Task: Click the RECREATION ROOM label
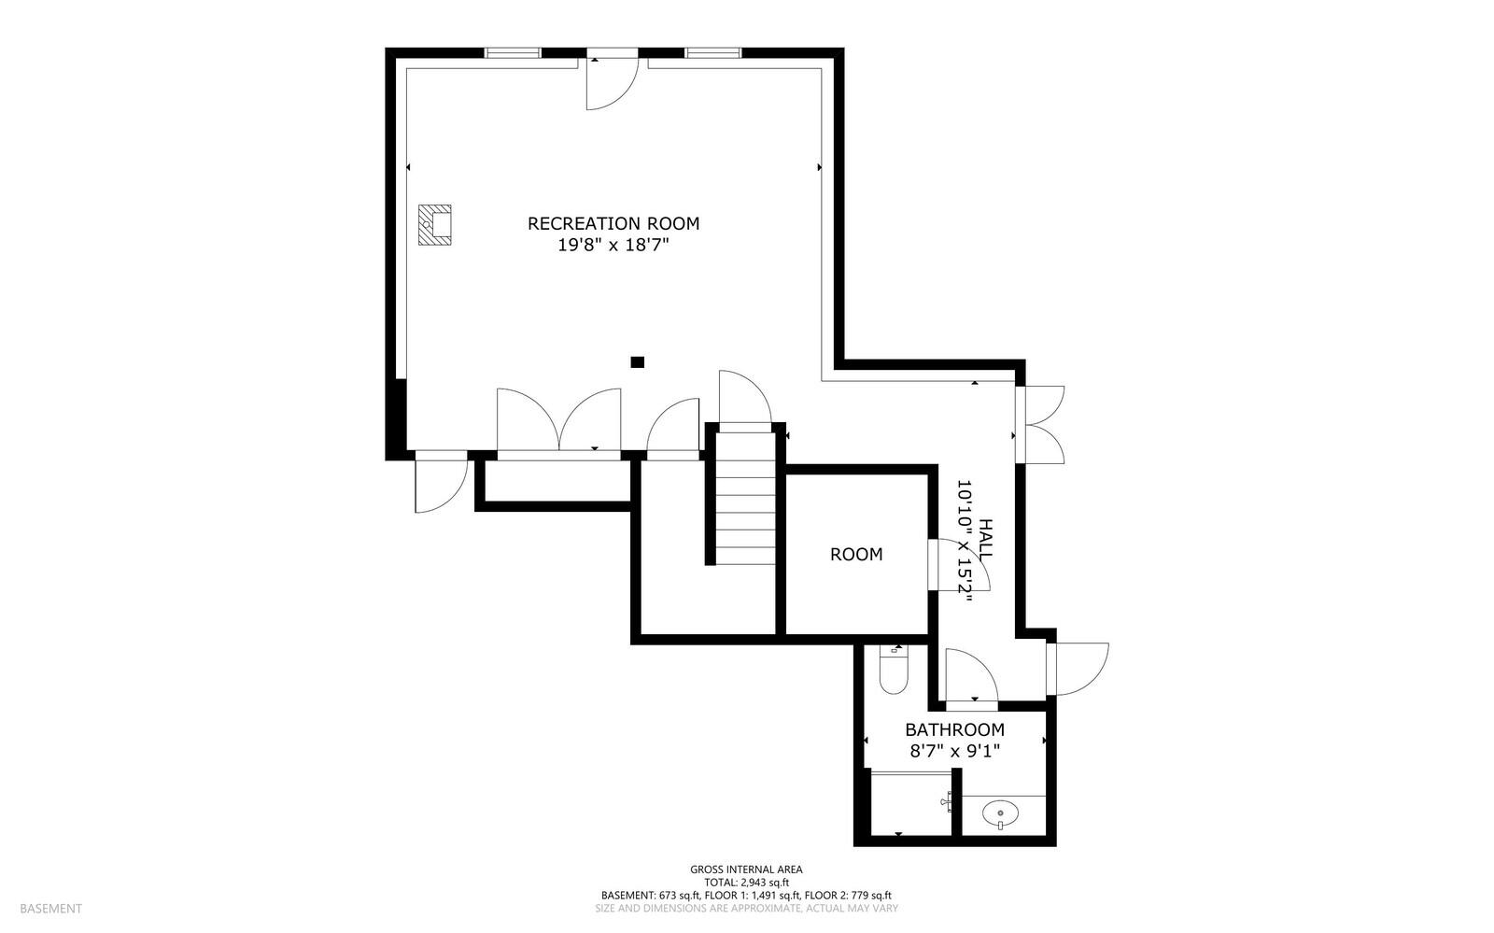tap(613, 223)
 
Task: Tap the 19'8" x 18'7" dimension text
tap(613, 246)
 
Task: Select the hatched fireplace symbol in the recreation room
tap(435, 225)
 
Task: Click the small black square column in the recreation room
tap(638, 361)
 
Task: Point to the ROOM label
tap(856, 555)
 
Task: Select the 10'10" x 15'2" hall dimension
tap(965, 542)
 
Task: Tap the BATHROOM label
tap(954, 730)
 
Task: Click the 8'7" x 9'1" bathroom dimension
tap(954, 751)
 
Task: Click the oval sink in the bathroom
tap(1002, 815)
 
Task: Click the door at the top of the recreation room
tap(612, 82)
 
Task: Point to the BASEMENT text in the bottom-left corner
tap(50, 908)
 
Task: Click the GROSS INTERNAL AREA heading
tap(746, 869)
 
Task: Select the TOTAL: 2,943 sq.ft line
tap(746, 882)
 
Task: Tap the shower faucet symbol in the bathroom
tap(947, 801)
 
